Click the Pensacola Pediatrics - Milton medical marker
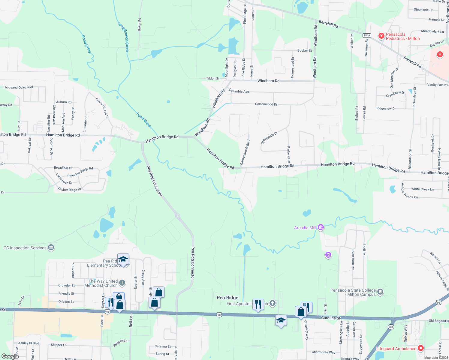381,36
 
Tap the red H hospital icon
440,54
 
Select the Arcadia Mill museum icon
321,228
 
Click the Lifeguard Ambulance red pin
421,348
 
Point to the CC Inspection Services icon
51,247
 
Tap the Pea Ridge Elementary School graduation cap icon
123,259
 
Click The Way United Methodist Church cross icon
122,283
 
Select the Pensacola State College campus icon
380,292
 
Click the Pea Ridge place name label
228,298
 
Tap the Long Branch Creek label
123,37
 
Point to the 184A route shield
367,35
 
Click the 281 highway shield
391,327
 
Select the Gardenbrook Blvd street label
245,152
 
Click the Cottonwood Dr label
266,104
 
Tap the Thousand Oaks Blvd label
18,87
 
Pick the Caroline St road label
331,318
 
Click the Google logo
10,356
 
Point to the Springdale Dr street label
269,138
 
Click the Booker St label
305,50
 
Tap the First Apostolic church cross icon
273,303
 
